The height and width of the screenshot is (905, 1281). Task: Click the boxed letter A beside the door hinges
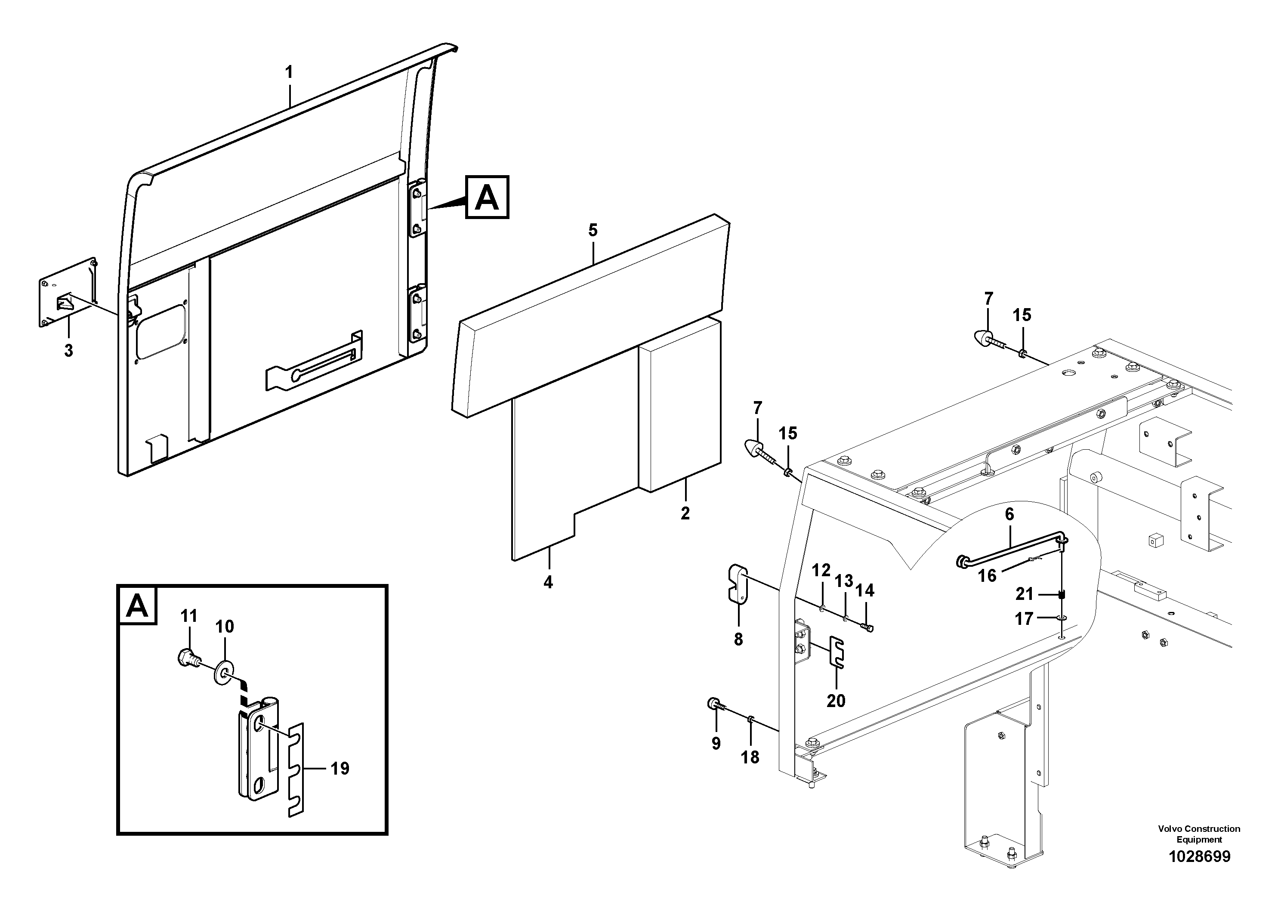pos(487,197)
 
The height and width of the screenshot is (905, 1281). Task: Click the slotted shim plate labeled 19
pos(296,770)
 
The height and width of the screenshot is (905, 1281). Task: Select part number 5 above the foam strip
pos(593,230)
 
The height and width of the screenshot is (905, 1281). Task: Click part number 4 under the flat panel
pos(548,583)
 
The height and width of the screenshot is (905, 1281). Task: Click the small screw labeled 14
pos(867,628)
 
